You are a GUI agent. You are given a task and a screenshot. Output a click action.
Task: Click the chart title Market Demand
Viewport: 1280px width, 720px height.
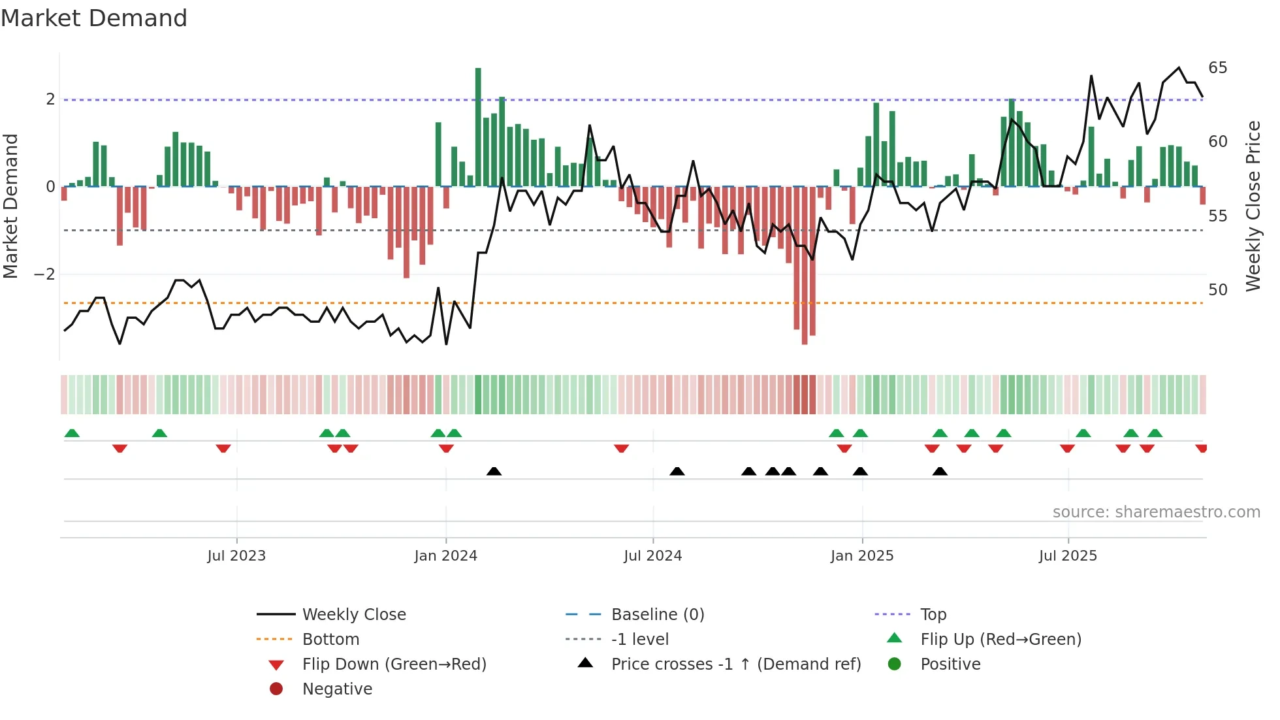click(x=94, y=18)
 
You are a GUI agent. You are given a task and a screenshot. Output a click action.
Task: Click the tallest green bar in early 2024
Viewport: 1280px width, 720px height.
click(x=478, y=127)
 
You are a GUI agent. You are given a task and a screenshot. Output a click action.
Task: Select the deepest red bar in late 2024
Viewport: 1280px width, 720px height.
click(x=805, y=265)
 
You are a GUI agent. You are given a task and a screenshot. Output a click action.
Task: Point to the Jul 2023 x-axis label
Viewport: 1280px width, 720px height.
click(x=236, y=556)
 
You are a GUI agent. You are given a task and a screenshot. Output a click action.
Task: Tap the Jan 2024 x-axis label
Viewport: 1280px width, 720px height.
click(x=446, y=556)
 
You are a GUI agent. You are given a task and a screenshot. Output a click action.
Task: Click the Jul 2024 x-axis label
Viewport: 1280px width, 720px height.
click(x=653, y=556)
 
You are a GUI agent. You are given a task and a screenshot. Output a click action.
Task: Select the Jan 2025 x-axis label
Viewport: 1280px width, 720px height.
click(x=862, y=556)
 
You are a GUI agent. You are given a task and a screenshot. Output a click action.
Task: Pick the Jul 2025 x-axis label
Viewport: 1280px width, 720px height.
click(x=1068, y=556)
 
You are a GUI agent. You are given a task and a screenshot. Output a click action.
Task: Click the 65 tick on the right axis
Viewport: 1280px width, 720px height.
click(x=1218, y=68)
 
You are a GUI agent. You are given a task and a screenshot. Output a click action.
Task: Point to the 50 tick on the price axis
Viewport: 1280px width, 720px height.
click(x=1218, y=289)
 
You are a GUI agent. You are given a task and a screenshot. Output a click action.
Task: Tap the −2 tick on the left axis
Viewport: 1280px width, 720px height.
click(x=45, y=274)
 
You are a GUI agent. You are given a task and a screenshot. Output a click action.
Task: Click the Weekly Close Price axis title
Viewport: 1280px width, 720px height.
click(x=1253, y=206)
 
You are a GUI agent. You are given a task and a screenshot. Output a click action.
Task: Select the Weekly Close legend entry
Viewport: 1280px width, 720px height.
click(x=353, y=614)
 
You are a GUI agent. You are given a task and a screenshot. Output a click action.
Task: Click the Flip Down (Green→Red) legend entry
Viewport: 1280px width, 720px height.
click(x=394, y=664)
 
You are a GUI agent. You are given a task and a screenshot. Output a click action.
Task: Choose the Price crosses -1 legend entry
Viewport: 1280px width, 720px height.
click(x=735, y=664)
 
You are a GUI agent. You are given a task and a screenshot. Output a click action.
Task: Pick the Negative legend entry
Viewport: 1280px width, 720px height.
click(x=337, y=689)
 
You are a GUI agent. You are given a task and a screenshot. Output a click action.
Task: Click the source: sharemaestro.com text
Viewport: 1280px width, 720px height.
click(x=1156, y=512)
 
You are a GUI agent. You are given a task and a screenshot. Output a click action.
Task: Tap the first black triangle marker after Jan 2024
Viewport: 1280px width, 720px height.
click(x=494, y=471)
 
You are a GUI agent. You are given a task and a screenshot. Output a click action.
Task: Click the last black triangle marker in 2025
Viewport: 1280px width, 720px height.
click(x=940, y=471)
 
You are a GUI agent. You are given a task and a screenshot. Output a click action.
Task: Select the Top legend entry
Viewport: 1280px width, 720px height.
click(x=933, y=614)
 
